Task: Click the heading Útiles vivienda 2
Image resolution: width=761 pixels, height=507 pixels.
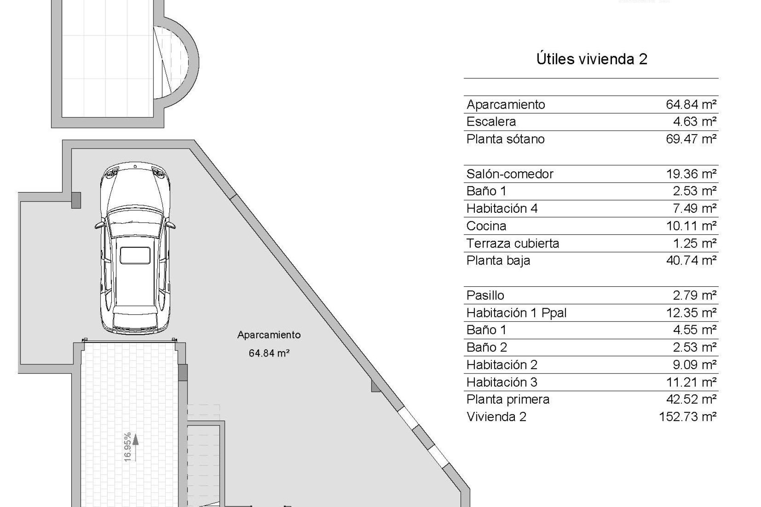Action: click(591, 59)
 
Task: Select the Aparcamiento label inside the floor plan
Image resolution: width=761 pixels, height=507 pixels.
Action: click(269, 335)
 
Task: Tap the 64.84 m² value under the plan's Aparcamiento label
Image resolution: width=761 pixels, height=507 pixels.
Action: click(269, 353)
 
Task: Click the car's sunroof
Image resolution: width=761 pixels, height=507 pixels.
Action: click(135, 255)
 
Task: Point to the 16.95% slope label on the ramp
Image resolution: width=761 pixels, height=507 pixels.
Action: click(127, 447)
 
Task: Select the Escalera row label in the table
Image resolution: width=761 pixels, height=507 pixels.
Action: click(491, 122)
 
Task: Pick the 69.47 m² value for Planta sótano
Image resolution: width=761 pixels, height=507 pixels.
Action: click(691, 139)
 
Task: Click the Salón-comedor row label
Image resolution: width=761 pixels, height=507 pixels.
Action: click(510, 174)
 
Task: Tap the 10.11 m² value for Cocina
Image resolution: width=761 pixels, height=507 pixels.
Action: click(691, 226)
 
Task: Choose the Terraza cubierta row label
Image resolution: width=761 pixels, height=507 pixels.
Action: click(512, 243)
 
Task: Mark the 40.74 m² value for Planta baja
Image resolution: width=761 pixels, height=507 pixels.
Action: click(691, 261)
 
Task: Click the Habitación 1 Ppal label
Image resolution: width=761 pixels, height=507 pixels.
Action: click(516, 313)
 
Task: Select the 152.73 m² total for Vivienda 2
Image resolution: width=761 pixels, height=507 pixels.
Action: click(687, 417)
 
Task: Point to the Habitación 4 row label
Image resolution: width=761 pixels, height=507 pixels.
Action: click(502, 208)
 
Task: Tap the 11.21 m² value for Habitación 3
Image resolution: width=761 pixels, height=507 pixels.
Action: click(691, 382)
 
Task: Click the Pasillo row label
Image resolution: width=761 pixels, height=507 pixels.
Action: click(485, 295)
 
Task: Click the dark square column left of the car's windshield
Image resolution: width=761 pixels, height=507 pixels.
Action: click(76, 200)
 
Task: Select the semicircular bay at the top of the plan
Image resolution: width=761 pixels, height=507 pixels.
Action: click(176, 62)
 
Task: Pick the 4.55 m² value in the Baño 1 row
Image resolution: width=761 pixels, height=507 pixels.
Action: click(694, 330)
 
